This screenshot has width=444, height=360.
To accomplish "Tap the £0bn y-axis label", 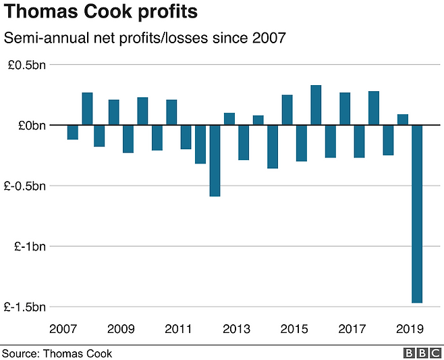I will [x=30, y=125].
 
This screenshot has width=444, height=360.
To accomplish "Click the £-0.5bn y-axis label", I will [x=24, y=186].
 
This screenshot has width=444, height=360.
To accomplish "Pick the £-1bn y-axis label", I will [x=29, y=246].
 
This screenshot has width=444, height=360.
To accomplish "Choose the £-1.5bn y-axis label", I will [x=24, y=307].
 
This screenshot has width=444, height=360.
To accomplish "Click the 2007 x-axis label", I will [x=63, y=329].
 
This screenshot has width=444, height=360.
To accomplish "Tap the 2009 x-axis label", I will [x=120, y=329].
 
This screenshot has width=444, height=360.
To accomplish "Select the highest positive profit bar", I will [x=316, y=105].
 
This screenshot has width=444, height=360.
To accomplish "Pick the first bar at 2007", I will [x=72, y=132].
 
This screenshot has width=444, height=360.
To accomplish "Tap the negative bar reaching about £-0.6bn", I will [x=215, y=161].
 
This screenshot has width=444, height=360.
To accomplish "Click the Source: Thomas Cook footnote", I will [x=57, y=353].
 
